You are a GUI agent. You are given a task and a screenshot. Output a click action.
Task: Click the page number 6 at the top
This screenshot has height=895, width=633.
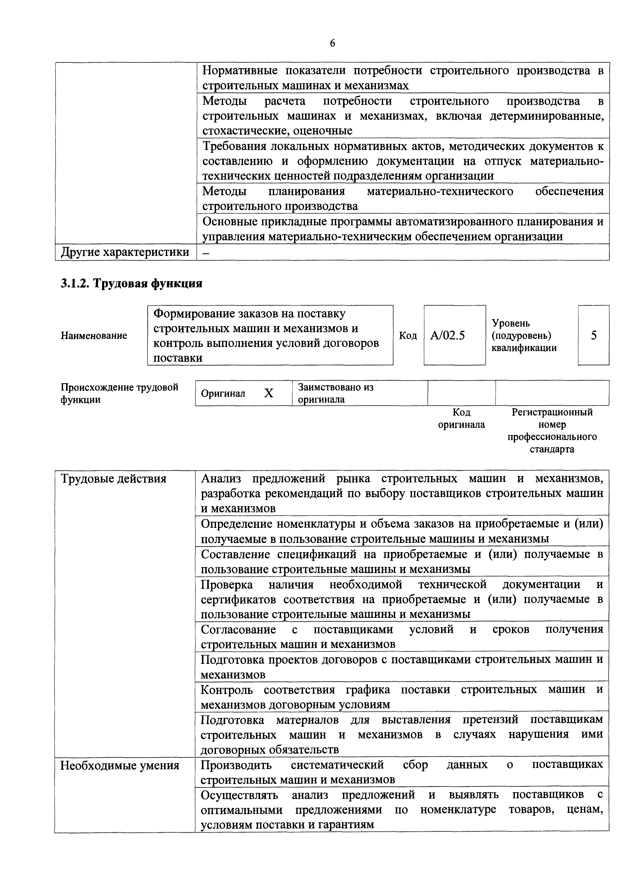(x=332, y=43)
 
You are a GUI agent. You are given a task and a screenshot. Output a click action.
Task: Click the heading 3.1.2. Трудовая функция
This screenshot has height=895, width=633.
(x=131, y=283)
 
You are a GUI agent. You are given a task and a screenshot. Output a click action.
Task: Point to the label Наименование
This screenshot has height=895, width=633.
(x=94, y=336)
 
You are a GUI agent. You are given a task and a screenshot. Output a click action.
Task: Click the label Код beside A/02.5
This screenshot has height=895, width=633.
(x=408, y=336)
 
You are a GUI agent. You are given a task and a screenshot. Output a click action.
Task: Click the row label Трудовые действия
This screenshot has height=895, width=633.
(x=114, y=479)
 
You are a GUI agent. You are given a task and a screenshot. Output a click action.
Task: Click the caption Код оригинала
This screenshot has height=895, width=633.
(x=461, y=418)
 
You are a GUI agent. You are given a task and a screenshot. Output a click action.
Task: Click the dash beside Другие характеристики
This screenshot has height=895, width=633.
(x=206, y=253)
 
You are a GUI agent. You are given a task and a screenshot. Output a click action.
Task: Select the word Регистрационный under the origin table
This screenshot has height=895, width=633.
(x=552, y=412)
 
